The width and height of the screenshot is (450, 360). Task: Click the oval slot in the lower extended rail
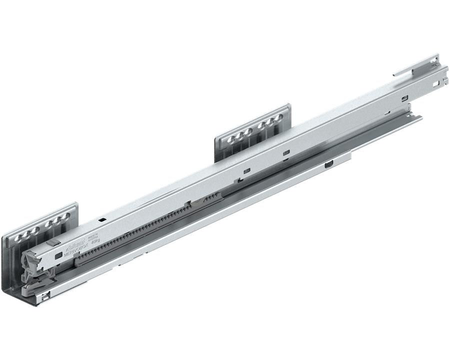click(328, 163)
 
